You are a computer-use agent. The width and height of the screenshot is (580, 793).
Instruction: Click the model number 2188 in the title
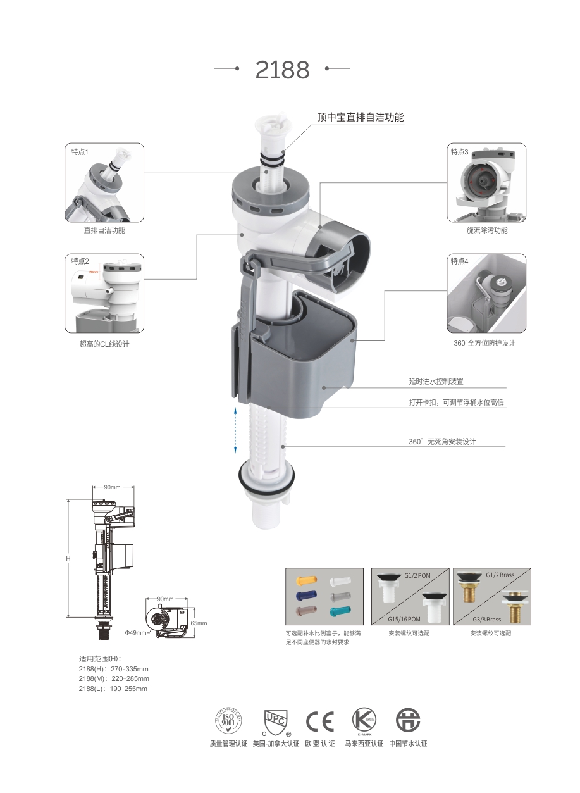pyautogui.click(x=282, y=70)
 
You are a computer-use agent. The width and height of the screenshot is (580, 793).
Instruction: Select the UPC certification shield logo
pyautogui.click(x=276, y=721)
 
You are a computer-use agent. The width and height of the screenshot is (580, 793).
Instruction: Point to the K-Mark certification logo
pyautogui.click(x=364, y=721)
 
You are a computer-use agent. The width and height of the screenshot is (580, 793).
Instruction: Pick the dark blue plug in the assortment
pyautogui.click(x=305, y=596)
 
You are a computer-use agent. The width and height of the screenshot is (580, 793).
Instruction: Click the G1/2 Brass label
pyautogui.click(x=500, y=575)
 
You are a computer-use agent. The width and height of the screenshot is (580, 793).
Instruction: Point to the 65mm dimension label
pyautogui.click(x=199, y=623)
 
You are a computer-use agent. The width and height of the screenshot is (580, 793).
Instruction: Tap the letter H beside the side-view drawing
pyautogui.click(x=68, y=559)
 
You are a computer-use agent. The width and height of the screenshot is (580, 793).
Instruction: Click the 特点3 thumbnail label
pyautogui.click(x=459, y=152)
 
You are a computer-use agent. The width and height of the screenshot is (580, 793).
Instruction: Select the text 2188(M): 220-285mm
pyautogui.click(x=114, y=678)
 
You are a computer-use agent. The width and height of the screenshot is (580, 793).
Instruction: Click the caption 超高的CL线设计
pyautogui.click(x=104, y=344)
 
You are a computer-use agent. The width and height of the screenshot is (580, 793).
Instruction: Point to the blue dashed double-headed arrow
pyautogui.click(x=235, y=430)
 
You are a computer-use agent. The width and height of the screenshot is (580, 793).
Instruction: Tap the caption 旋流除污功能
pyautogui.click(x=486, y=230)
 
